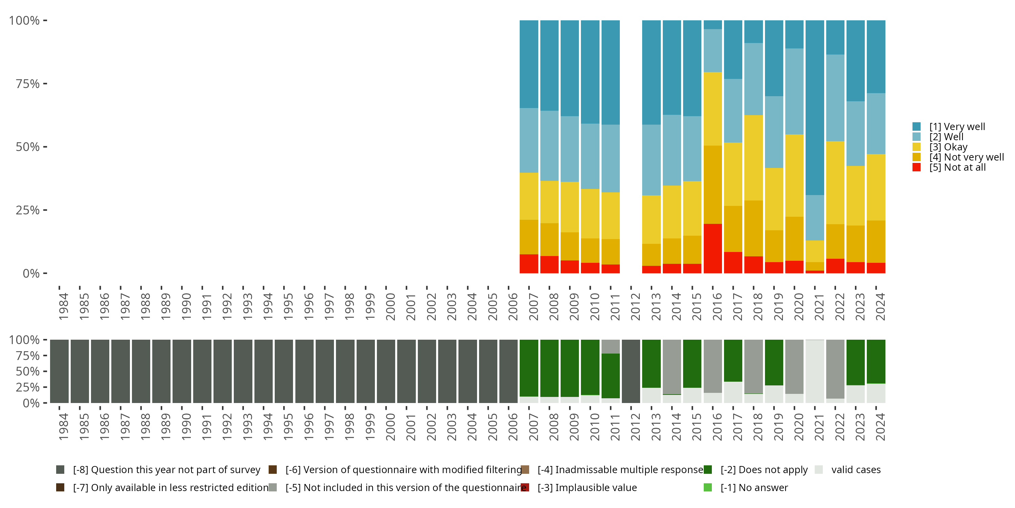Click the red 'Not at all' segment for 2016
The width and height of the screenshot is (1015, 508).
713,249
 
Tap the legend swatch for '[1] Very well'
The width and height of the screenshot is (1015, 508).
917,127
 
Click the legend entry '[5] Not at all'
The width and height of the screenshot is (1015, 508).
957,167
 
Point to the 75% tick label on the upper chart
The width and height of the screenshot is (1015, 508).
28,84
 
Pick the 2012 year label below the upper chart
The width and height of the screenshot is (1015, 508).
635,306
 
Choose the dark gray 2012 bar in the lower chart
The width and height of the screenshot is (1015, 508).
631,371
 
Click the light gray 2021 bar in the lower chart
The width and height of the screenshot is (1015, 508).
815,371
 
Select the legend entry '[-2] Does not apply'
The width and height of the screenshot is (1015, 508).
764,470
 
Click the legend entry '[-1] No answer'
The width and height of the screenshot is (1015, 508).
754,487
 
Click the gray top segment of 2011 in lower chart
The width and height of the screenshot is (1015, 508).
610,346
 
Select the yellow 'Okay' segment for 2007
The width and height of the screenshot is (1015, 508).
529,196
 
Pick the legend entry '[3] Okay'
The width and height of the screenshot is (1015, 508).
948,147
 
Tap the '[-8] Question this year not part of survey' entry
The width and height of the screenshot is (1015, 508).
166,470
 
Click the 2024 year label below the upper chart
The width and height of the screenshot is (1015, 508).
880,306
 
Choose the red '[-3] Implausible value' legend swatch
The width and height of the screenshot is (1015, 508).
525,487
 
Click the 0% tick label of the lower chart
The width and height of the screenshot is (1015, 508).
31,403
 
